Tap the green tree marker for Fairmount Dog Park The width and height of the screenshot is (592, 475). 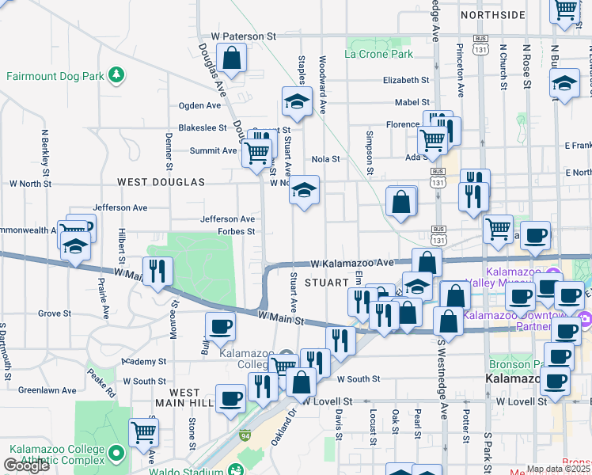117,75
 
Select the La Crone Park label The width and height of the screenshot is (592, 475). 379,55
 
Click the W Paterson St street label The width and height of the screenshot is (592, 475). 243,36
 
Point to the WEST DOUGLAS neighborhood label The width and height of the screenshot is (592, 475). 161,182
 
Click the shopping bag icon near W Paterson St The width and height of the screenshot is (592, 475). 231,58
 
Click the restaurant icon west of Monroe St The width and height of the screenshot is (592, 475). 157,272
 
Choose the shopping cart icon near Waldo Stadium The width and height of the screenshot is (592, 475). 143,432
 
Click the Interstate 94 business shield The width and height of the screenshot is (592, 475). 245,435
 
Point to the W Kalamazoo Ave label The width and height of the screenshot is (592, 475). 351,263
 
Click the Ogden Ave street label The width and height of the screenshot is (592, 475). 199,105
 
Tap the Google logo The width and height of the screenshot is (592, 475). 26,465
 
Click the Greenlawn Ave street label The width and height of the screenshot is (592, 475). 47,390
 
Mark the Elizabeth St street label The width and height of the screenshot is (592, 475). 405,80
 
